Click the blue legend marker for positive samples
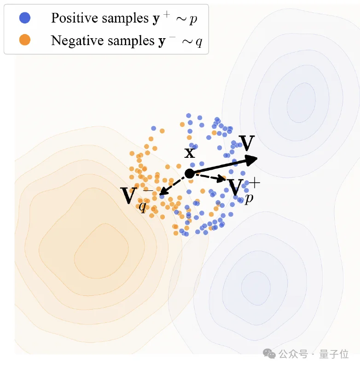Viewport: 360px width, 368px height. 25,18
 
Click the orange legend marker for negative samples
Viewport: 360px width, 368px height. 25,40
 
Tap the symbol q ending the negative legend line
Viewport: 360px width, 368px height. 198,42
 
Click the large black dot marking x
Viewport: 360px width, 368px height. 189,173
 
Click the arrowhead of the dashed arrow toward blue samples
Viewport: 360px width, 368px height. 223,179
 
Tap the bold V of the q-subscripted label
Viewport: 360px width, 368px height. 129,195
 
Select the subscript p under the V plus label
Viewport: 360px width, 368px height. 249,199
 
